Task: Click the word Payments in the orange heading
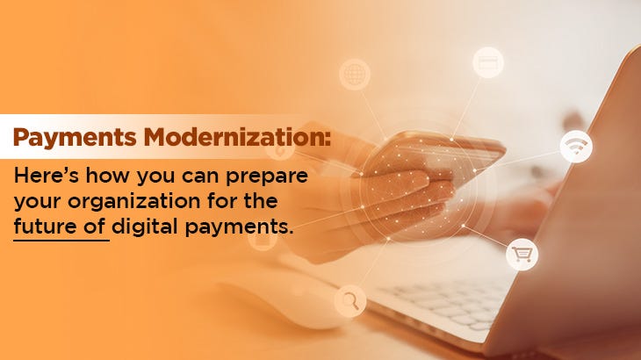62,138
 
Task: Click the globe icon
355,73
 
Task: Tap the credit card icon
487,62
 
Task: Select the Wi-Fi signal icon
576,147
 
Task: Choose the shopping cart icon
522,255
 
